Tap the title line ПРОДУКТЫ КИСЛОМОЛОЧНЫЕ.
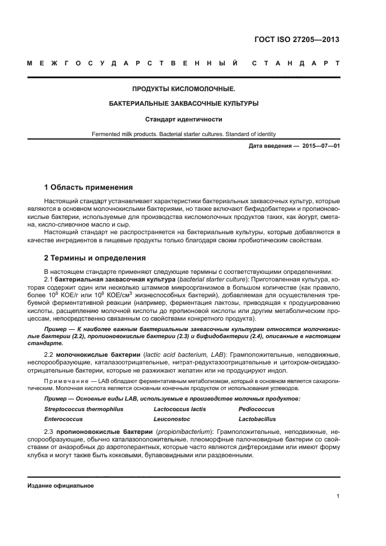tap(184, 89)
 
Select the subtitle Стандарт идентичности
tap(184, 119)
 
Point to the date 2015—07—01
tap(321, 145)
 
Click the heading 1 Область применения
tap(88, 187)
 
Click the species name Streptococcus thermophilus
tap(84, 409)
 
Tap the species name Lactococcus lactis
tap(180, 409)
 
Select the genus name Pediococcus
tap(256, 409)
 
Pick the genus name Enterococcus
tap(63, 419)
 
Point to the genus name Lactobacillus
tap(259, 419)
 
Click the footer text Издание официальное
tap(60, 486)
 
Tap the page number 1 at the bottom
tap(338, 496)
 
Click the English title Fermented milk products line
tap(184, 134)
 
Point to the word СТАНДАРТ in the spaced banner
tap(296, 62)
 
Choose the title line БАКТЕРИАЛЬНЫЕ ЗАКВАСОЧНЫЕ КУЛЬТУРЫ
tap(184, 104)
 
